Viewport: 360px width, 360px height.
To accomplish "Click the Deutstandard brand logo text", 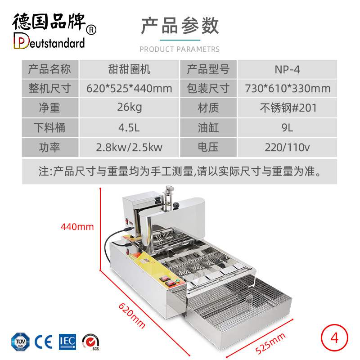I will pyautogui.click(x=50, y=43).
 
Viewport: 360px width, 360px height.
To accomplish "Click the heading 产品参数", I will pyautogui.click(x=180, y=26).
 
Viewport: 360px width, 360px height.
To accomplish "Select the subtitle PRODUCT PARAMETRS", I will pyautogui.click(x=180, y=49).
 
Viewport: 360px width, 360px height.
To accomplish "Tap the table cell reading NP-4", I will pyautogui.click(x=287, y=69).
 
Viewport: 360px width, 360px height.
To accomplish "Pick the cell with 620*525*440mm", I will pyautogui.click(x=129, y=89).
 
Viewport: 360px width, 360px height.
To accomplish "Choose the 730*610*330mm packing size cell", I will pyautogui.click(x=287, y=89).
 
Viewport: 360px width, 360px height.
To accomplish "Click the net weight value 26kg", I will pyautogui.click(x=129, y=108).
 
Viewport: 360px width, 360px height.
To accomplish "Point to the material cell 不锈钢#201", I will pyautogui.click(x=287, y=108).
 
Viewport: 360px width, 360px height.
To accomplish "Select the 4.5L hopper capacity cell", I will pyautogui.click(x=129, y=128).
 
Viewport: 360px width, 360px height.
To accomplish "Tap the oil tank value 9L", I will pyautogui.click(x=287, y=128).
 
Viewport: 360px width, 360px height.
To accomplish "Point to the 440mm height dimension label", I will pyautogui.click(x=77, y=226).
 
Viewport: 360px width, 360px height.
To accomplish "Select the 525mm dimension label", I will pyautogui.click(x=270, y=343).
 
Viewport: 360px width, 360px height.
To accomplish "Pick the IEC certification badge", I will pyautogui.click(x=67, y=342).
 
